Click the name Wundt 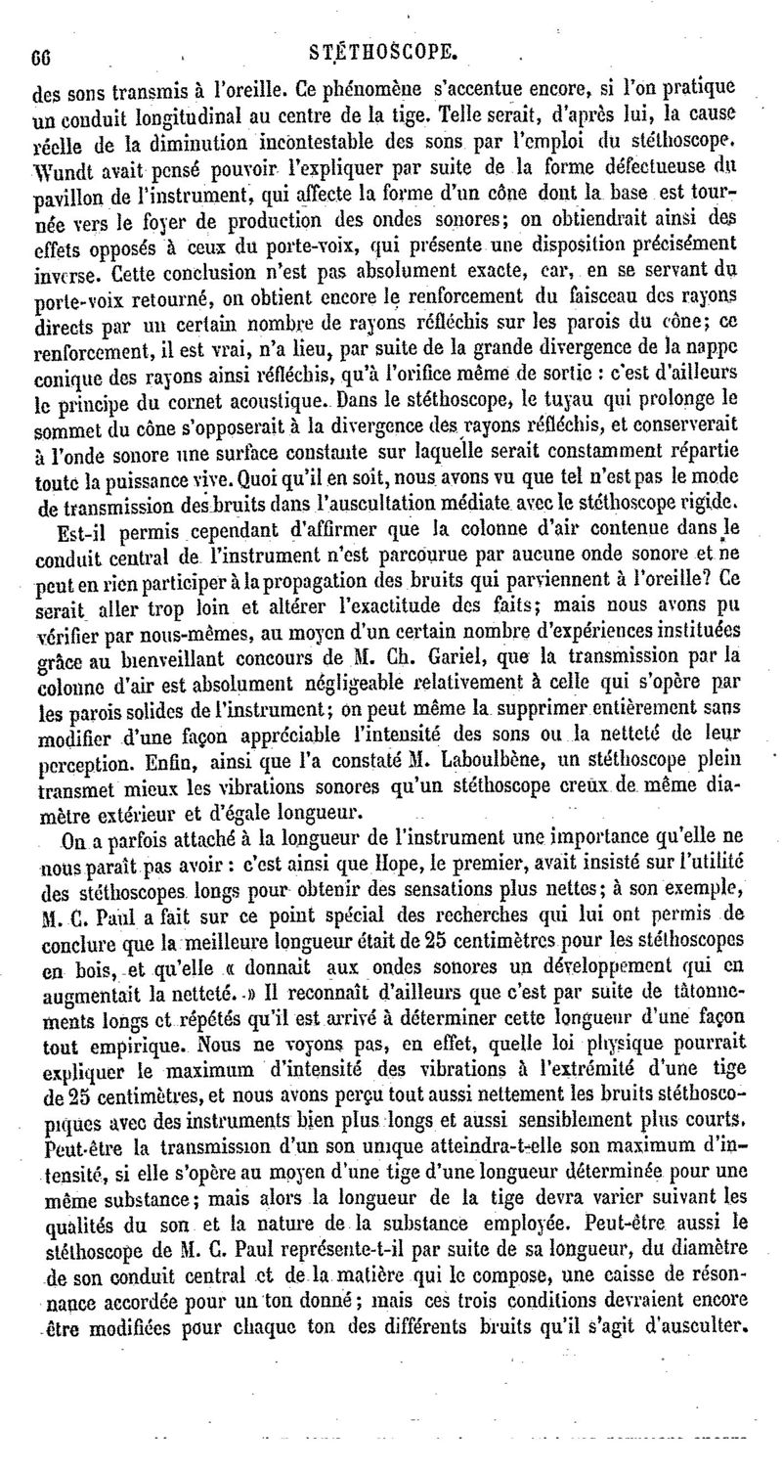64,159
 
